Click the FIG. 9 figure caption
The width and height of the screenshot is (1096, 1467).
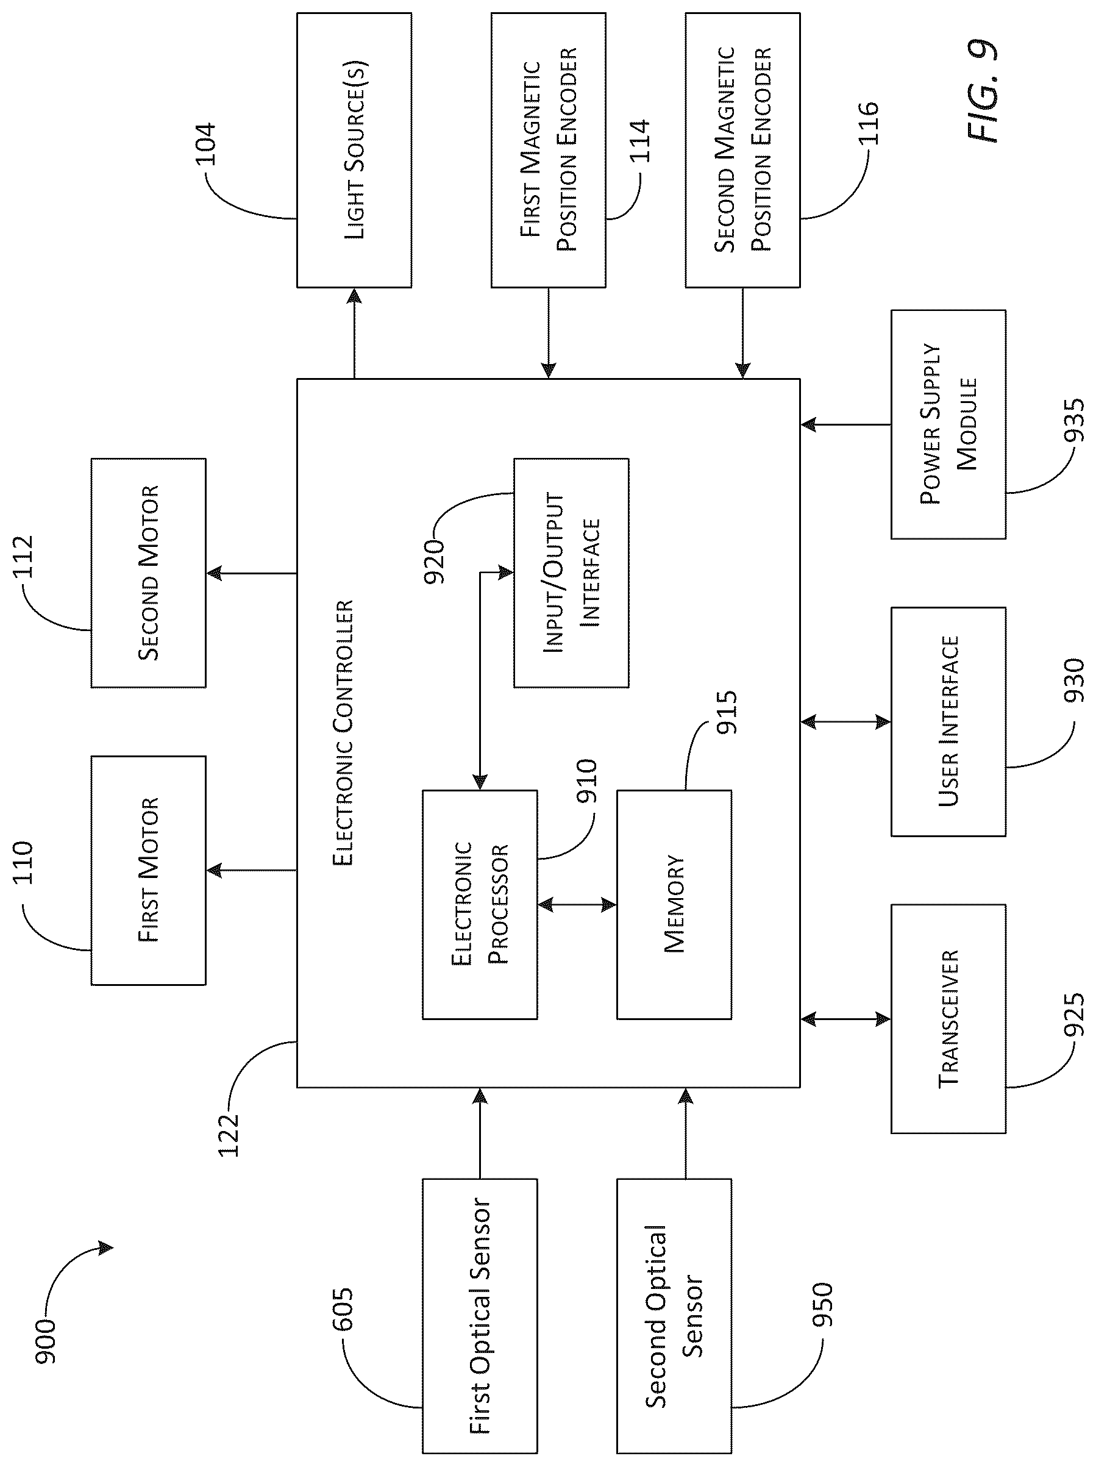tap(981, 91)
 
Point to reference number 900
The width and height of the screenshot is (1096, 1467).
tap(45, 1341)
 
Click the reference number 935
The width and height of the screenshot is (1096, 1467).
tap(1073, 420)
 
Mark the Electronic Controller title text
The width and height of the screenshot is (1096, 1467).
tap(343, 733)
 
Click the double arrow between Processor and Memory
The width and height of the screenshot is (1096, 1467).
tap(577, 905)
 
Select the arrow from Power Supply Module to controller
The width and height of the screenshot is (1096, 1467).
tap(845, 424)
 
